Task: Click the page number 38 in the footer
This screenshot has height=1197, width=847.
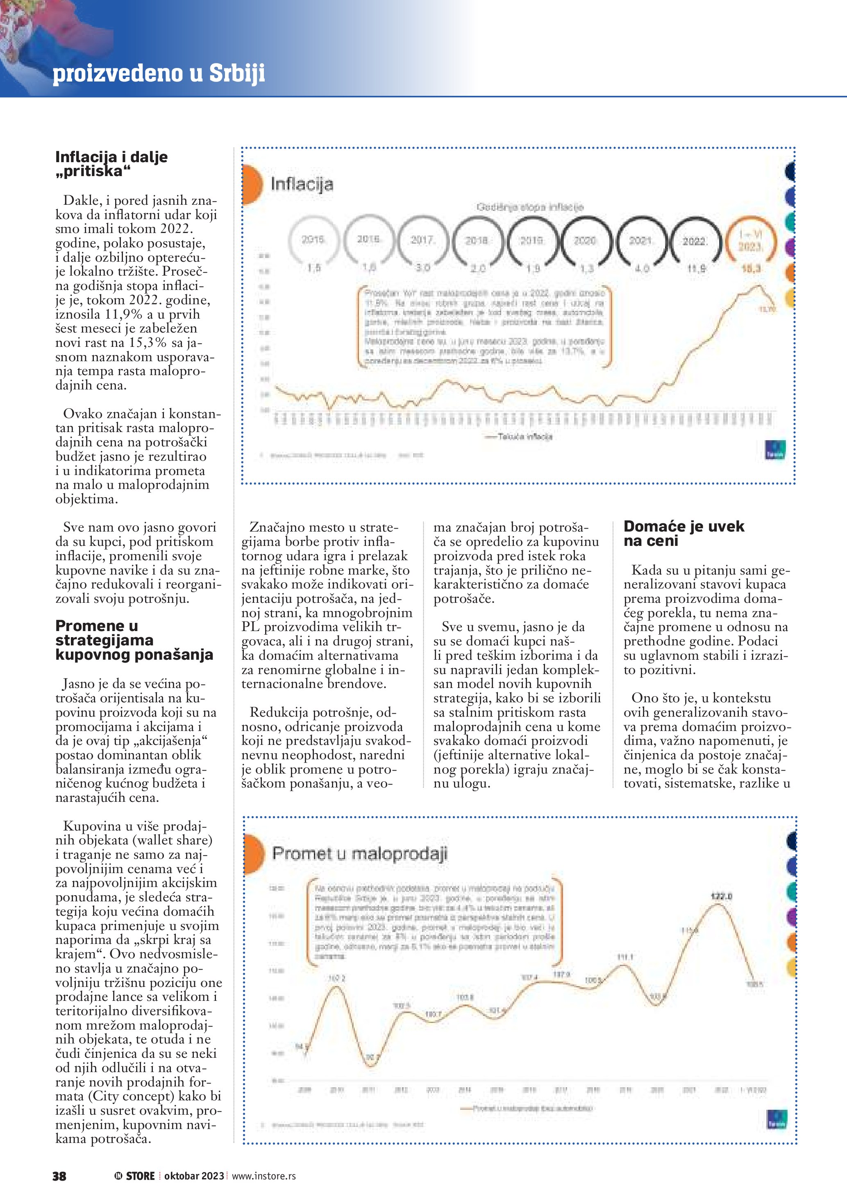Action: (59, 1176)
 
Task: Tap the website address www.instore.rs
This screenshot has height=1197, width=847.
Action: (263, 1176)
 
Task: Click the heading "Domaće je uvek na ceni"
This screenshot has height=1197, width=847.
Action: (684, 533)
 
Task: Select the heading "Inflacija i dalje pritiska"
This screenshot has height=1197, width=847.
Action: (111, 164)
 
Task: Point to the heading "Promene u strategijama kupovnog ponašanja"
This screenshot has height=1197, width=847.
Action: (134, 640)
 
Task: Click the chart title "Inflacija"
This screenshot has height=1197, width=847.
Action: (302, 184)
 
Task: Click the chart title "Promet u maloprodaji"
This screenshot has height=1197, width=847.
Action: (360, 853)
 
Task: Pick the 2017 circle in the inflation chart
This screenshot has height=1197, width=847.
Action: (422, 240)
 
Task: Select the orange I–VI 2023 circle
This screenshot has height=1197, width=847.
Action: (750, 241)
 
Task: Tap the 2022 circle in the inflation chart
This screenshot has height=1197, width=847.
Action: (695, 241)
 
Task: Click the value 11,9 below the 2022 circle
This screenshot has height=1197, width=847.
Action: (696, 269)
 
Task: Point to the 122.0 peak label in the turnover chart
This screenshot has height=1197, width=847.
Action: (721, 896)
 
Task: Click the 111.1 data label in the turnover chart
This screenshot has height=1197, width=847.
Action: (625, 957)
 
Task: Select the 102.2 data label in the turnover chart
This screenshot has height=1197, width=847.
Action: (336, 979)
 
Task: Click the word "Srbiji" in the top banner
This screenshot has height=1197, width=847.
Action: (237, 72)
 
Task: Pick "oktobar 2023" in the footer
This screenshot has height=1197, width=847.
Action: (194, 1176)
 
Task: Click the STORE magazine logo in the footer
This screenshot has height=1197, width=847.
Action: (136, 1176)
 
